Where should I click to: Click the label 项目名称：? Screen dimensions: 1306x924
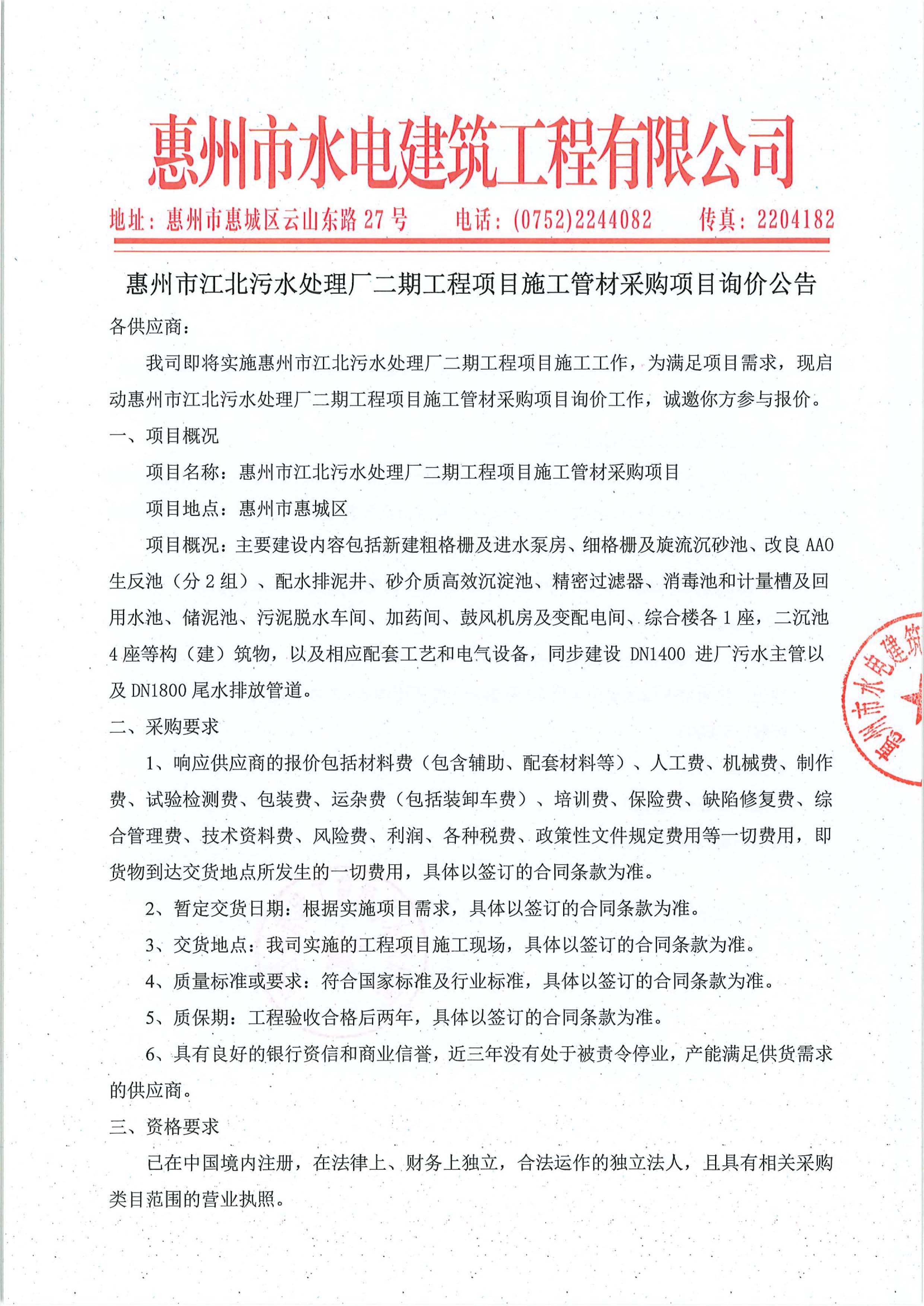tap(191, 472)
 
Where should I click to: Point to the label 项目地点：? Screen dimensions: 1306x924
tap(191, 509)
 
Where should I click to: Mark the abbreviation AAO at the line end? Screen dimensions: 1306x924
tap(820, 545)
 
